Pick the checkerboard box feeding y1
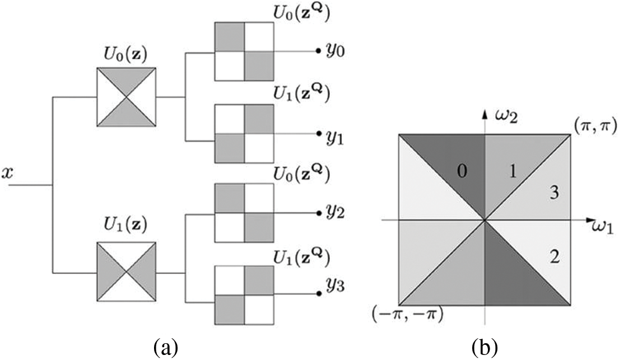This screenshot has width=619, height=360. click(245, 135)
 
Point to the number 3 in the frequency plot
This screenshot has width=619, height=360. click(554, 193)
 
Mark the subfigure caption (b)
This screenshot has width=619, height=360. click(483, 347)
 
